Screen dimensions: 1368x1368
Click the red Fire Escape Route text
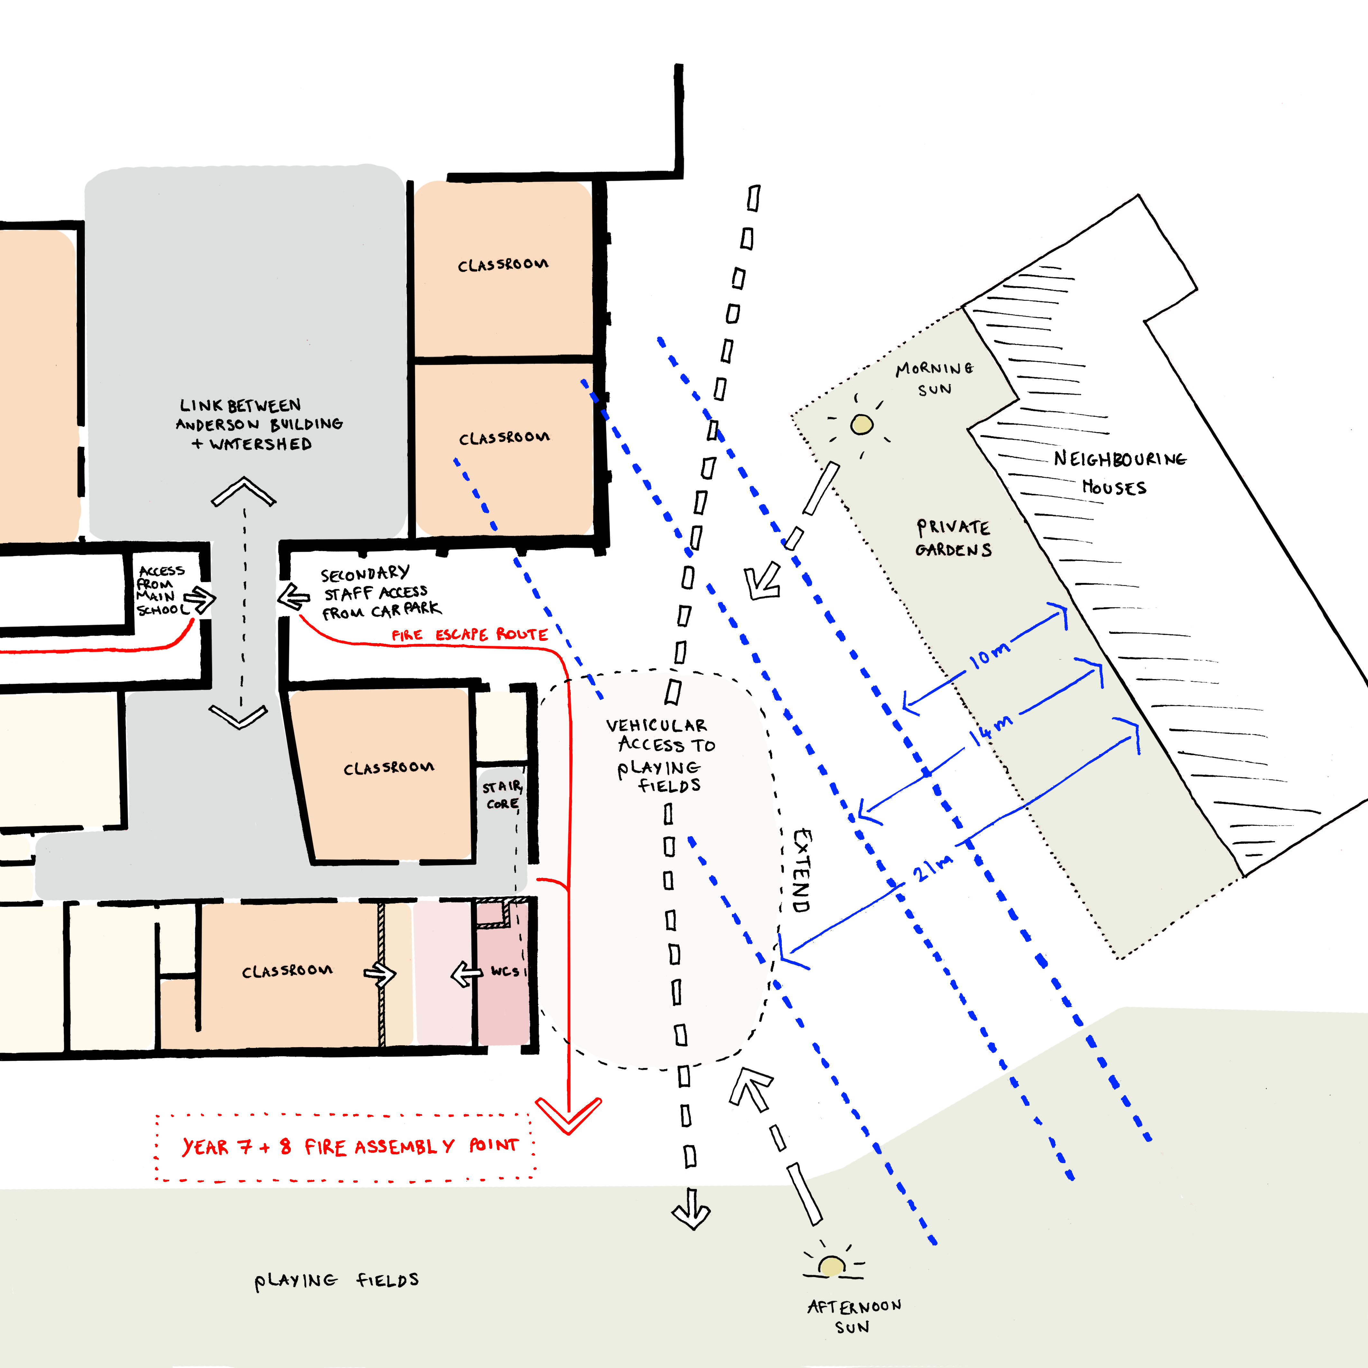point(469,634)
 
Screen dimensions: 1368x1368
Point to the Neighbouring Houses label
point(1119,473)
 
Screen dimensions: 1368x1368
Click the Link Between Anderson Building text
point(259,424)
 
